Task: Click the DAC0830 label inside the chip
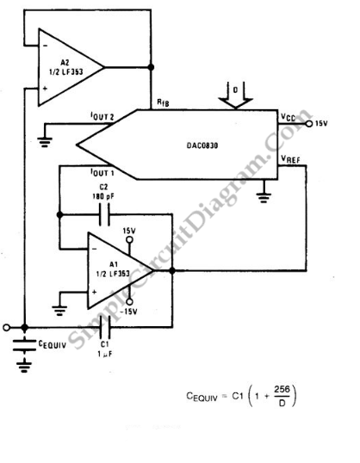202,145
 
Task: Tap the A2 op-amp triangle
71,67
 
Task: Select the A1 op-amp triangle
120,270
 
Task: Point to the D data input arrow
236,95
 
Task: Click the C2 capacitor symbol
104,215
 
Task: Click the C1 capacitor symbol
104,327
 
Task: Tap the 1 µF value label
105,354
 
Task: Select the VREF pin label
290,159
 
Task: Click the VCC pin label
288,118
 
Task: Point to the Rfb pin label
163,102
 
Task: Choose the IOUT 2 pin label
102,116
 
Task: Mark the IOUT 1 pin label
102,172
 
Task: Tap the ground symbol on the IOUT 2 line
45,142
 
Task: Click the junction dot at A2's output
151,67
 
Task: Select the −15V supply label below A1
128,312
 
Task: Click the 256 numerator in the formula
282,389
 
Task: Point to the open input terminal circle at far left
6,327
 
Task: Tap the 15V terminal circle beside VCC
309,124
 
